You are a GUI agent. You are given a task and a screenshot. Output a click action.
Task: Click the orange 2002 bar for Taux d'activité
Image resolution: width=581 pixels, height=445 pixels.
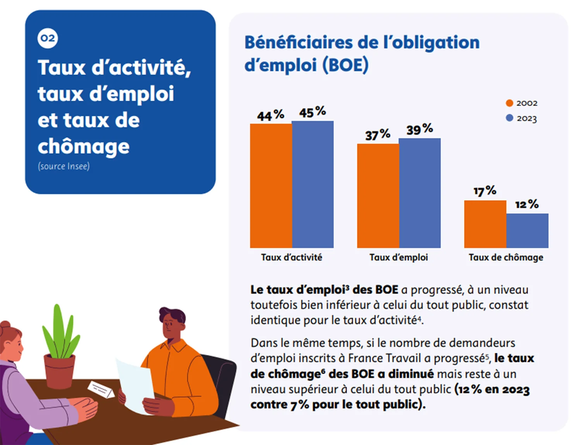pos(271,186)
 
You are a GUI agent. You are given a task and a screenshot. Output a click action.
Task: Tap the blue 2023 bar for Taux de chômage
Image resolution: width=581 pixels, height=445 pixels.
pos(527,231)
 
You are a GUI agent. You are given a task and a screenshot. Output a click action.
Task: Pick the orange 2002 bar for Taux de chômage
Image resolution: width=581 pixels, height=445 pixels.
pos(485,224)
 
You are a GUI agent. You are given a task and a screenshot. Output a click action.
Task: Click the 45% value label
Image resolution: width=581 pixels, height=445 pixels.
pos(312,112)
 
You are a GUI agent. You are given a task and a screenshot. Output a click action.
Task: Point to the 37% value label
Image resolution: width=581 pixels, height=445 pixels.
pos(378,135)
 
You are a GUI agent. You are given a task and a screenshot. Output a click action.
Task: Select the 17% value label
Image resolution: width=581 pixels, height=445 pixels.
pos(485,191)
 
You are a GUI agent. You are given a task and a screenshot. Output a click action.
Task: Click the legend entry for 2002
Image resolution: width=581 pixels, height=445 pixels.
pos(522,103)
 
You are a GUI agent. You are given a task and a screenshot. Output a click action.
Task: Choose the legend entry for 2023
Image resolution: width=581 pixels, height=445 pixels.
pos(522,118)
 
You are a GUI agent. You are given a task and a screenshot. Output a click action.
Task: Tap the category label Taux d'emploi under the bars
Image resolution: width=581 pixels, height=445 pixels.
pos(399,257)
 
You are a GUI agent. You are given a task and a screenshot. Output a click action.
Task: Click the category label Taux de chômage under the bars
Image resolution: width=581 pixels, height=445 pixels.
pos(506,257)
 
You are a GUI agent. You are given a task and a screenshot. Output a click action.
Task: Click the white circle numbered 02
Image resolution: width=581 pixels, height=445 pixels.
pos(48,38)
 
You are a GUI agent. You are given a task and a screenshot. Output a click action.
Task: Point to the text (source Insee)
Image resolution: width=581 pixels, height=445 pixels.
pos(64,166)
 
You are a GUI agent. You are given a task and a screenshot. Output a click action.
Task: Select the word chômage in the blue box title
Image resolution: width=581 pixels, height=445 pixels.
pos(84,147)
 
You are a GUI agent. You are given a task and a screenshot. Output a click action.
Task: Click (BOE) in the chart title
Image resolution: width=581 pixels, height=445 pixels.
pos(345,65)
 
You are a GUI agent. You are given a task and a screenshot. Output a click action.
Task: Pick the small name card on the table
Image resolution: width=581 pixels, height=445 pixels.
pos(101,389)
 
